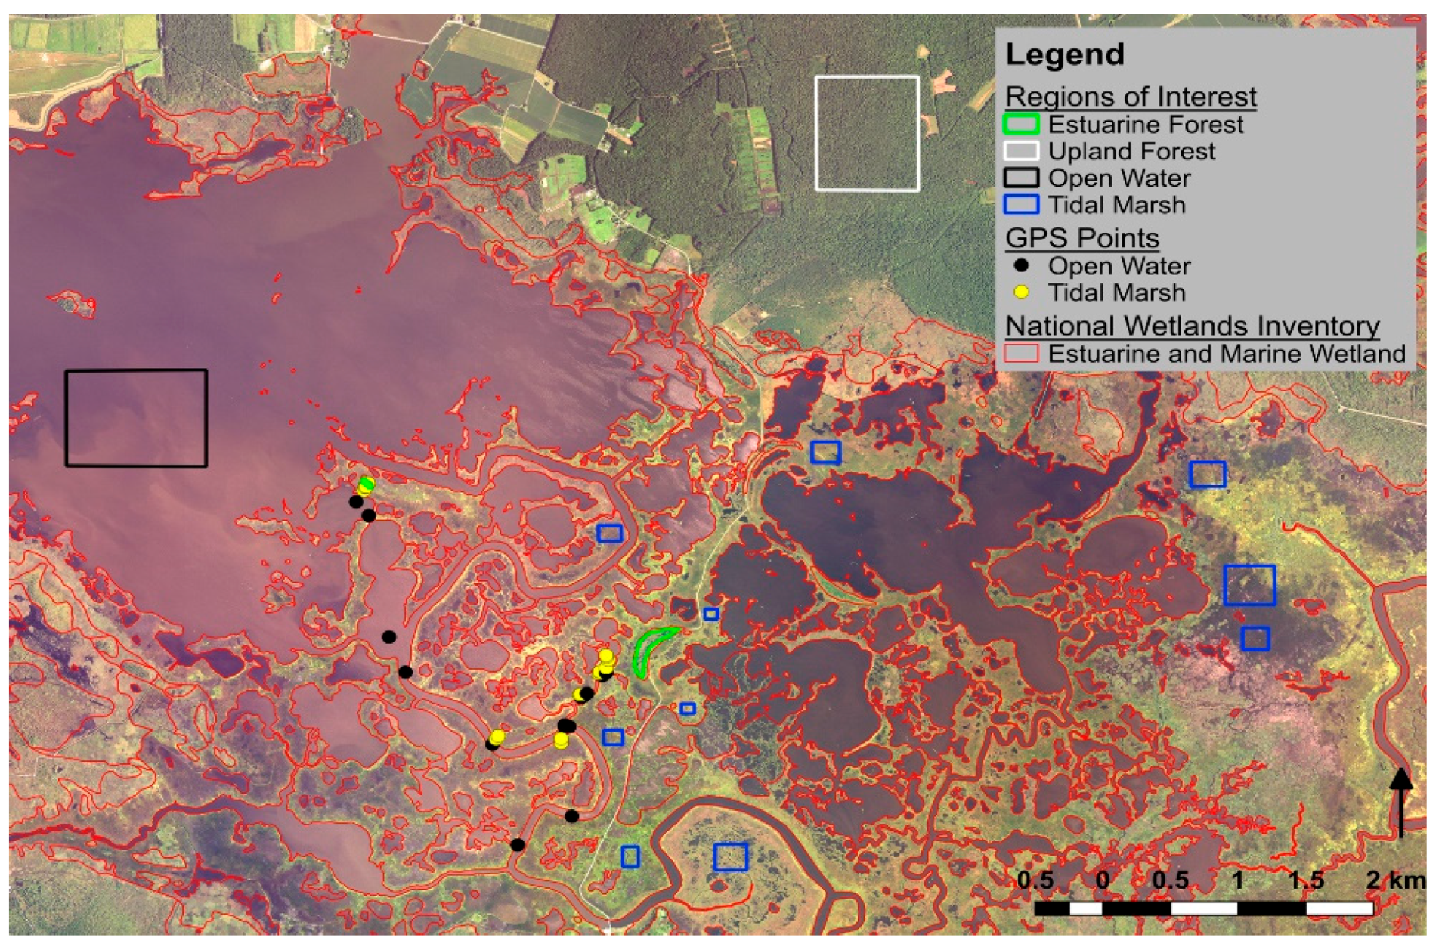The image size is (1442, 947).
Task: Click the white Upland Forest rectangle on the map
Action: pos(867,134)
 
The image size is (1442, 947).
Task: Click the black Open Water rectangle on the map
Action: pos(136,418)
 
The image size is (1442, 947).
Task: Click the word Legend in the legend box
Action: pos(1065,55)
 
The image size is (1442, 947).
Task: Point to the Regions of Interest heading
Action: pos(1131,97)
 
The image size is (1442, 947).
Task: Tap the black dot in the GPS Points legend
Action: pos(1021,265)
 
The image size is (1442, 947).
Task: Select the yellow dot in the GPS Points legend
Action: pos(1021,292)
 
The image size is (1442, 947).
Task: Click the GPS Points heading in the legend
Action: pos(1082,238)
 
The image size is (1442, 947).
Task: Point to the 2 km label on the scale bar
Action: pos(1395,880)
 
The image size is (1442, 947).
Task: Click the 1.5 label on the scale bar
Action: pos(1306,880)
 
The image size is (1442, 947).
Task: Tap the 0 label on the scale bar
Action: pos(1103,880)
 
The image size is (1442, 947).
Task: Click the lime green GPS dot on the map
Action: pos(367,483)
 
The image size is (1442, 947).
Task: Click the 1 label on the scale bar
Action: pos(1237,880)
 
